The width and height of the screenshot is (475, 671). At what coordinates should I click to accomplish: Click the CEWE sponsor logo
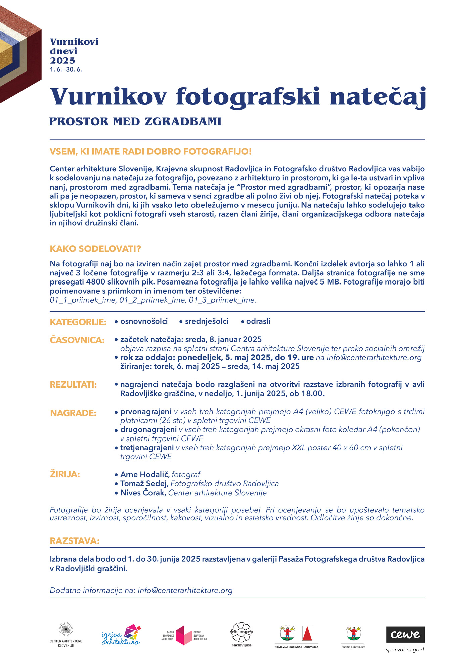(405, 634)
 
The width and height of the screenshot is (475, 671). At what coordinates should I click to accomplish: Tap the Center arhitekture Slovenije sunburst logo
(66, 630)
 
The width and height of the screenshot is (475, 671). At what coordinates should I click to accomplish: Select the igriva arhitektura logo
(121, 635)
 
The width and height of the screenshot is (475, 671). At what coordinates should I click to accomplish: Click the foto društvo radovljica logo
(242, 632)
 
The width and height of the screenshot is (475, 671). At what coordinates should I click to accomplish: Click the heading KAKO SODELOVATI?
(95, 249)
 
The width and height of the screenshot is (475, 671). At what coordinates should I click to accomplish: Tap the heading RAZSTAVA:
(75, 541)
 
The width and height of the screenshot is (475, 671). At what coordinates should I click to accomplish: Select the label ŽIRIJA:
(65, 474)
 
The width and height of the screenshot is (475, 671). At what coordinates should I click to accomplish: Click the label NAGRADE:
(73, 413)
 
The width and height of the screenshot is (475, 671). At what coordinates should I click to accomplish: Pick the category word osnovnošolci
(144, 321)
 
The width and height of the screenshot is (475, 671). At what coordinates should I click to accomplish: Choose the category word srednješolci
(207, 321)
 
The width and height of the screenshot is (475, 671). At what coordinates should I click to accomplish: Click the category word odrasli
(258, 321)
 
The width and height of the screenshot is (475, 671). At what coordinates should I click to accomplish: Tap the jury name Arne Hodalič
(145, 474)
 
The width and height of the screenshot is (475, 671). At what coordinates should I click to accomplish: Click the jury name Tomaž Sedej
(144, 483)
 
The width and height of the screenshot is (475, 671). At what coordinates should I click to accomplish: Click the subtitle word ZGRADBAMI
(183, 121)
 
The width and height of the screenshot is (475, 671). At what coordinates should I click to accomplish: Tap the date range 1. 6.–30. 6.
(66, 70)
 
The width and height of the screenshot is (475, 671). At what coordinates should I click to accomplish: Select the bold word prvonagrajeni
(146, 411)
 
